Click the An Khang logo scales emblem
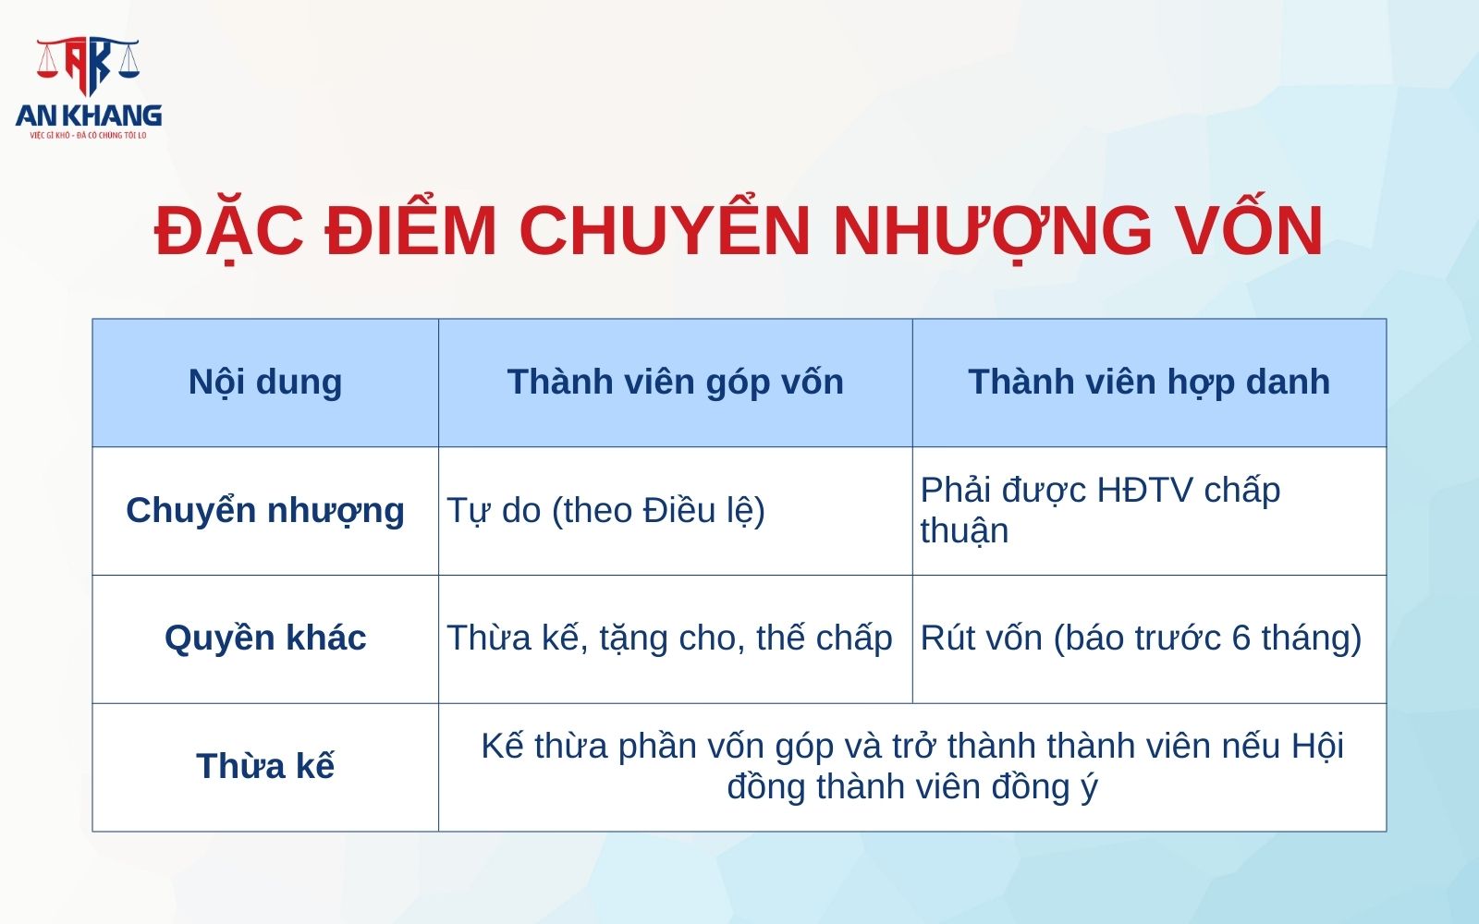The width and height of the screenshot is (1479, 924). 88,65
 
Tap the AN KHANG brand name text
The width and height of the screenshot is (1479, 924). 89,115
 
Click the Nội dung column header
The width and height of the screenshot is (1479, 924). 265,382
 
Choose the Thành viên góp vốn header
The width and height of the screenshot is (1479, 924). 675,382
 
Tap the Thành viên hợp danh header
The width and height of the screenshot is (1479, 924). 1149,382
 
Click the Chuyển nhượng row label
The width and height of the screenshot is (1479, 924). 265,510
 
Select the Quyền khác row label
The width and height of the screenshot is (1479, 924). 265,638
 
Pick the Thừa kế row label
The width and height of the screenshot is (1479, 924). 265,766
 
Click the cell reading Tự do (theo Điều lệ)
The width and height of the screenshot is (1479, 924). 605,510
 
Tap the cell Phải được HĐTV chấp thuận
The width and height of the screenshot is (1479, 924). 1100,510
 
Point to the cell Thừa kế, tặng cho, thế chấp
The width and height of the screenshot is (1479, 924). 669,638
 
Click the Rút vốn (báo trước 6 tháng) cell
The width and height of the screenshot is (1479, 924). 1141,638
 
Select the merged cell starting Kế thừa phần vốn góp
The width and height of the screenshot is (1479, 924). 911,766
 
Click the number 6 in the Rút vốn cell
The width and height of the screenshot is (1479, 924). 1241,638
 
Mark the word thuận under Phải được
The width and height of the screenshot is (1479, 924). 964,531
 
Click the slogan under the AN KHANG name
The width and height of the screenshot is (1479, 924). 89,136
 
